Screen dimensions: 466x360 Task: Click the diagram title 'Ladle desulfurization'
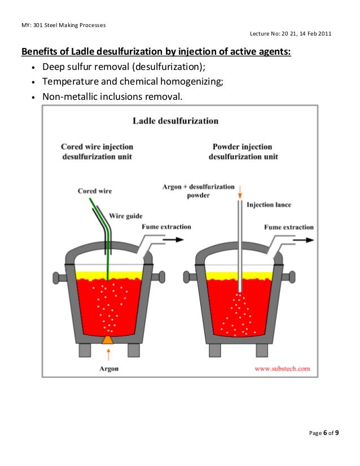[x=175, y=121]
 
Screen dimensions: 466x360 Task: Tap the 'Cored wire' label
[x=94, y=191]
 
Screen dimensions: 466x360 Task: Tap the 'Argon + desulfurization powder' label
[x=198, y=191]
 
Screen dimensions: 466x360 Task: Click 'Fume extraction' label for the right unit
[x=288, y=227]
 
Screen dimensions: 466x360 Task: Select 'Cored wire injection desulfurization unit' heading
[x=96, y=151]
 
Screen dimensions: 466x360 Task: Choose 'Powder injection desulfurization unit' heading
[x=243, y=151]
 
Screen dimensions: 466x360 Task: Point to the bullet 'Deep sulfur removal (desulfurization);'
[x=120, y=68]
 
